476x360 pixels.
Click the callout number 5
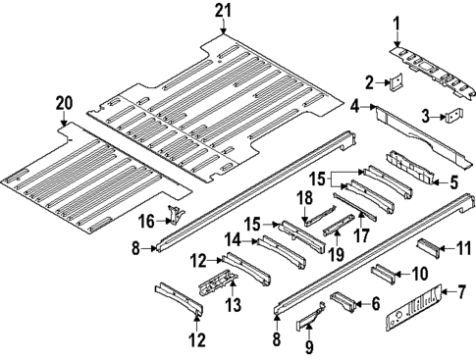click(452, 181)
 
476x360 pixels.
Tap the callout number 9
click(310, 346)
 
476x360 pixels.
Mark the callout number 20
click(64, 102)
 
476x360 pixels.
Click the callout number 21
click(223, 10)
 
